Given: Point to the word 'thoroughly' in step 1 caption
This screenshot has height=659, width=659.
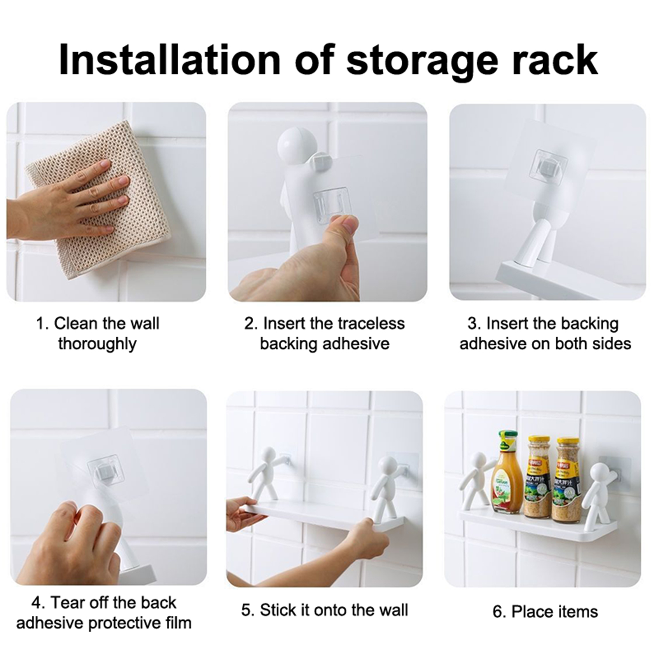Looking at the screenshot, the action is coord(97,344).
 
